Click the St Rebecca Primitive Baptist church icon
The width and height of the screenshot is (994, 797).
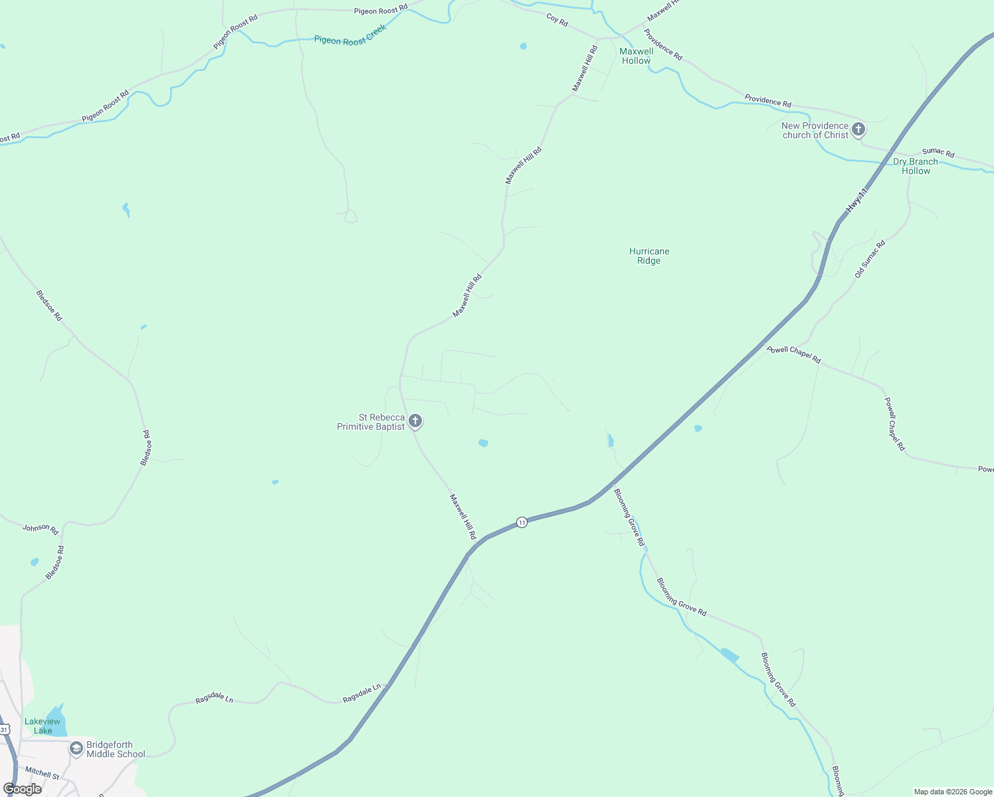(x=415, y=420)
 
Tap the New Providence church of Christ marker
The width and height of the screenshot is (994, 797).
(x=858, y=129)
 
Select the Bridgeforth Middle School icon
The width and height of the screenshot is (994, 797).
(x=76, y=749)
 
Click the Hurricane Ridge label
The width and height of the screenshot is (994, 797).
(x=649, y=256)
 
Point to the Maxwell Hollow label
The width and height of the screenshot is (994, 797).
(x=637, y=56)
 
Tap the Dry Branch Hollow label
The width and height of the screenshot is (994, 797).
(x=916, y=166)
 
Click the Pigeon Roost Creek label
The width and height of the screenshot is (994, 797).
(x=350, y=35)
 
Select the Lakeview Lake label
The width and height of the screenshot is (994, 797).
(x=43, y=726)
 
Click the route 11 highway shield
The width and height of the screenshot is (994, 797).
(x=522, y=522)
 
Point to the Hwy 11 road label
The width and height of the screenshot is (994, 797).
(x=857, y=201)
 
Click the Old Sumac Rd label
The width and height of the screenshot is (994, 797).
(x=870, y=259)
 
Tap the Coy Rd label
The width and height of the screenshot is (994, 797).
(x=557, y=20)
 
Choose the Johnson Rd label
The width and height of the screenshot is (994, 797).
(x=41, y=529)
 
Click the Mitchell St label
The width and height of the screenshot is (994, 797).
(x=42, y=773)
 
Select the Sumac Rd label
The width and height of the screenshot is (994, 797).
(x=938, y=153)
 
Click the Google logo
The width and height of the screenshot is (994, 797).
(x=23, y=789)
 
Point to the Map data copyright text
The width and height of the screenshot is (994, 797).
(x=953, y=792)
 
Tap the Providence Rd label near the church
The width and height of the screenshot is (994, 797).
(x=767, y=101)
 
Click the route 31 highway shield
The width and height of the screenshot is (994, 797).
(x=5, y=729)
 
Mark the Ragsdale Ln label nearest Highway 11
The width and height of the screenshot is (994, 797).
(x=362, y=694)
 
